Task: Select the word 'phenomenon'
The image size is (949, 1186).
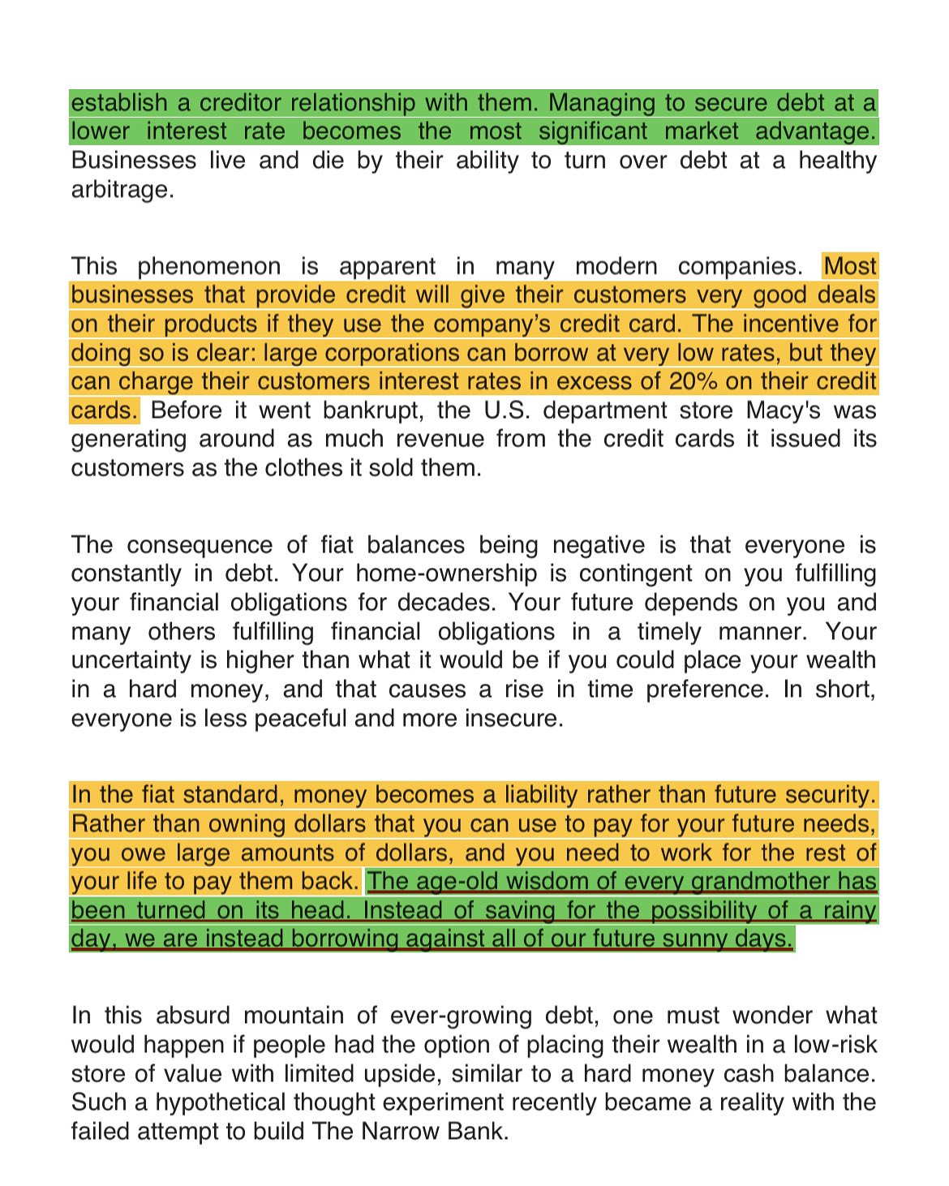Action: (208, 266)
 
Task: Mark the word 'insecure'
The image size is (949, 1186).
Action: (513, 719)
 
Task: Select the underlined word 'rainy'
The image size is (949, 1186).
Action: (849, 910)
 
